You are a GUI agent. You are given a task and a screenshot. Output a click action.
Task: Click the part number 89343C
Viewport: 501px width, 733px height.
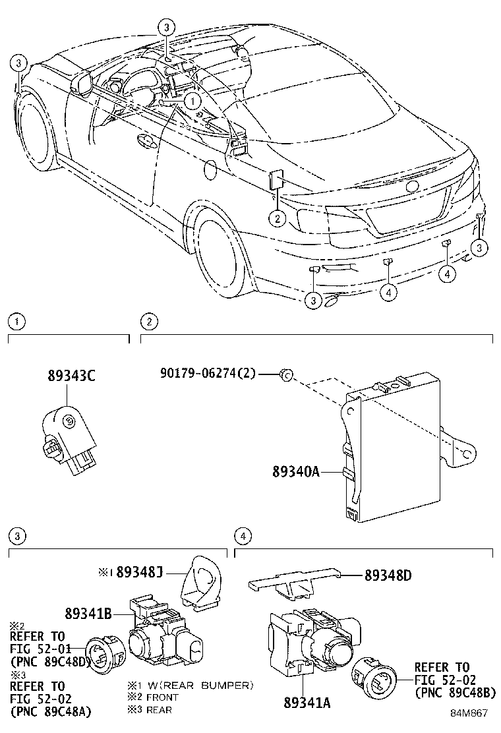[71, 376]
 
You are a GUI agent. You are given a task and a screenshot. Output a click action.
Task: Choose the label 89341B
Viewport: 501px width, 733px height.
[88, 613]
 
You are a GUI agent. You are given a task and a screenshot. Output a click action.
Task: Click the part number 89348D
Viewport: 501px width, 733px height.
[388, 575]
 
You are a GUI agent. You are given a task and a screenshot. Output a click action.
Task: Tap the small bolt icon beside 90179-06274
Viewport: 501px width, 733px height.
[285, 374]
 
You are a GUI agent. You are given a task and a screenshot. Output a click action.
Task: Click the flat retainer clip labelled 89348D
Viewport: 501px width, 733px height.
[293, 579]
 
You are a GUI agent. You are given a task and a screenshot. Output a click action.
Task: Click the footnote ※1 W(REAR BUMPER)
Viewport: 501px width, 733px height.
[191, 686]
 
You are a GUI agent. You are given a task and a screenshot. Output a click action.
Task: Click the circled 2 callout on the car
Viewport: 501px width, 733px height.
[278, 218]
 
